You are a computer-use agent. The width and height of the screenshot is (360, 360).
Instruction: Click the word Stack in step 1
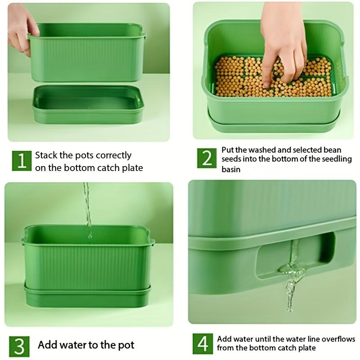click(47, 155)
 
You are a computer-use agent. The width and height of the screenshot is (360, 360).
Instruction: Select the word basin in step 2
click(231, 170)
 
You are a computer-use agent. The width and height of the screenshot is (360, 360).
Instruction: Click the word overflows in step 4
click(338, 339)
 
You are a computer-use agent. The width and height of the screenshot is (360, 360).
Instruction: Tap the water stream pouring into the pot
click(87, 207)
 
